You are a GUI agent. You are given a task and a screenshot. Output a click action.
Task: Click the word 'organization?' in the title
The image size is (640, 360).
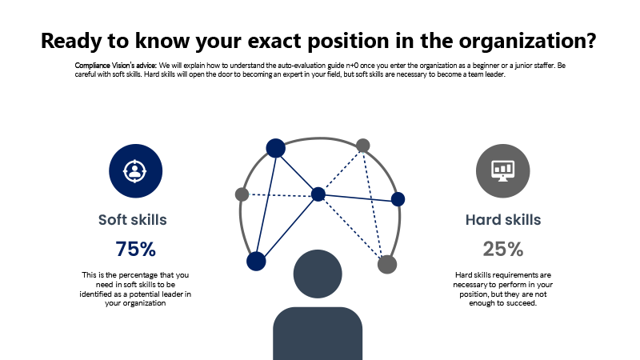pyautogui.click(x=528, y=42)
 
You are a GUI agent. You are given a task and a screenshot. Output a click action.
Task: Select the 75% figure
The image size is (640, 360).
pyautogui.click(x=135, y=249)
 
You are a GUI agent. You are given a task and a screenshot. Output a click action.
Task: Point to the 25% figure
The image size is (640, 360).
pyautogui.click(x=503, y=249)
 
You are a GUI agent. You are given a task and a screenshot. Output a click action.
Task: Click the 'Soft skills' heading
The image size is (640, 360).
pyautogui.click(x=133, y=219)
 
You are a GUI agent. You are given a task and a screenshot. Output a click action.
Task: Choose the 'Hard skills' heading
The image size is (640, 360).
pyautogui.click(x=503, y=219)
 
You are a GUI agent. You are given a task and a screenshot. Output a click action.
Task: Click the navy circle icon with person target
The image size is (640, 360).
pyautogui.click(x=135, y=171)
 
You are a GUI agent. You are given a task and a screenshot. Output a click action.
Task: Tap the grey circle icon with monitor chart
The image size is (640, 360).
pyautogui.click(x=503, y=171)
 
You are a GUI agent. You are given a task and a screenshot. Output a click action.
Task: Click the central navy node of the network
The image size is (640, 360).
pyautogui.click(x=318, y=194)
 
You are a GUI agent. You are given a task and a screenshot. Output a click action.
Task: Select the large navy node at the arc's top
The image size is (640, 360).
pyautogui.click(x=276, y=148)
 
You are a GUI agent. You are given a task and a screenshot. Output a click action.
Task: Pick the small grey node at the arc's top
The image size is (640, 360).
pyautogui.click(x=363, y=146)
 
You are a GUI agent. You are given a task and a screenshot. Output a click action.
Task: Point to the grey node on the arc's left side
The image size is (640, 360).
pyautogui.click(x=242, y=194)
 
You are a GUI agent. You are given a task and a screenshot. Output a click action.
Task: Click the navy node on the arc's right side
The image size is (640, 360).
pyautogui.click(x=398, y=199)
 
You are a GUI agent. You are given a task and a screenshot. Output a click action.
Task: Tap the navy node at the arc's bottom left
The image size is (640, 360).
pyautogui.click(x=256, y=262)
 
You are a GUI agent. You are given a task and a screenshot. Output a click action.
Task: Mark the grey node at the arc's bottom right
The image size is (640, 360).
pyautogui.click(x=387, y=265)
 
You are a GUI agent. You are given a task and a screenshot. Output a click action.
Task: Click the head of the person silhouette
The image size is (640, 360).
pyautogui.click(x=318, y=274)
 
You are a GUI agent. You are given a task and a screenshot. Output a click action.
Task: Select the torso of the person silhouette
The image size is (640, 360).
pyautogui.click(x=318, y=334)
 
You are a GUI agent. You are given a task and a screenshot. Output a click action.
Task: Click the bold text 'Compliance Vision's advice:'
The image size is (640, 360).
pyautogui.click(x=116, y=66)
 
